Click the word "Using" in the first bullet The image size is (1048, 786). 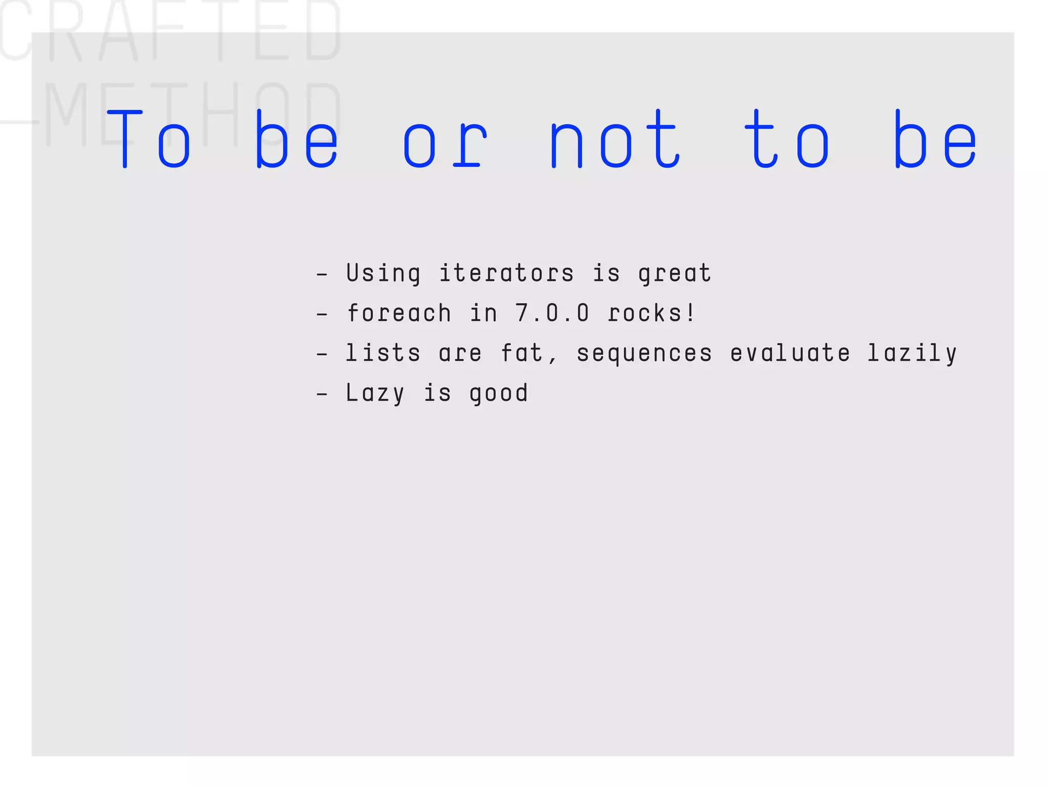point(383,273)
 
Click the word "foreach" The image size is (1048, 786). point(399,313)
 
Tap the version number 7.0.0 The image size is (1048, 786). point(552,313)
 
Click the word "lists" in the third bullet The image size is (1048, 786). point(383,353)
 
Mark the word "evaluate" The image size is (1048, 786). point(790,353)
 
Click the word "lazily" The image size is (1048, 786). point(911,354)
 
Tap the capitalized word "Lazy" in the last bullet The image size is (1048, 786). point(375,394)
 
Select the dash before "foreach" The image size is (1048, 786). point(322,314)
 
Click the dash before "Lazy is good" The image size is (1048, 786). point(322,394)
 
